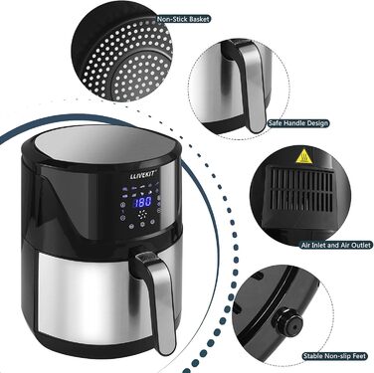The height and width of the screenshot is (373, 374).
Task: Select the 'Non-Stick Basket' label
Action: click(x=187, y=19)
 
